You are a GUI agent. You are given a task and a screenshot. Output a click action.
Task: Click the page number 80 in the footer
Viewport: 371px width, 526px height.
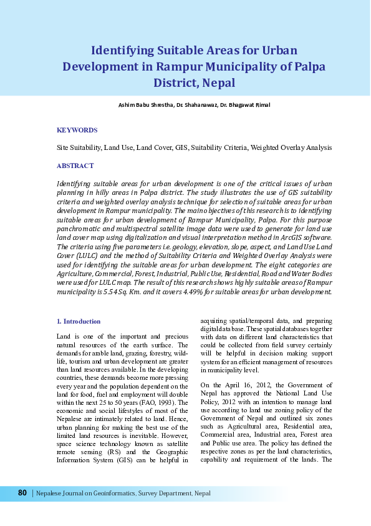click(x=22, y=493)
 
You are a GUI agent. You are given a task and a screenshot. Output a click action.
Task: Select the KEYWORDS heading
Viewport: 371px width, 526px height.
click(x=77, y=130)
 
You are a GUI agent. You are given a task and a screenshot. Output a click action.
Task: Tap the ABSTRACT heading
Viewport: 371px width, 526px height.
click(x=75, y=166)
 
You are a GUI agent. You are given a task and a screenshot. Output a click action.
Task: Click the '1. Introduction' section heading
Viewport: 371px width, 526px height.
click(x=78, y=321)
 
